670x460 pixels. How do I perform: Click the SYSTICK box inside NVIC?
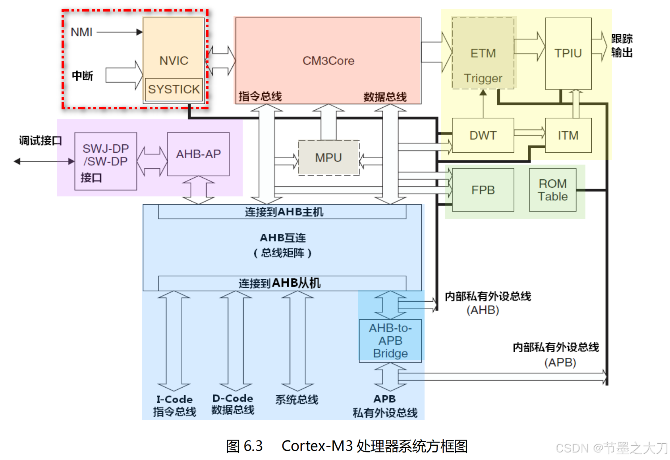click(174, 89)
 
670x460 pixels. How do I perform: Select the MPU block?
click(328, 157)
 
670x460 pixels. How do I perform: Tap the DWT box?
click(483, 135)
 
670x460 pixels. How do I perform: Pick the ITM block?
click(568, 135)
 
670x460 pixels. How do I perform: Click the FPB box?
click(483, 190)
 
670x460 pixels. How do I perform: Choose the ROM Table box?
click(552, 190)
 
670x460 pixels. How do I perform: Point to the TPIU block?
click(568, 53)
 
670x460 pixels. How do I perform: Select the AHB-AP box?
click(198, 154)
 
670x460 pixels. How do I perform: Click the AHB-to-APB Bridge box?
click(390, 340)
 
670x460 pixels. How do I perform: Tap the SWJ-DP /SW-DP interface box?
click(106, 161)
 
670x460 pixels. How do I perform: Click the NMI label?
click(81, 32)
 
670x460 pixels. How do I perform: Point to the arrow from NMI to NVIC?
click(119, 32)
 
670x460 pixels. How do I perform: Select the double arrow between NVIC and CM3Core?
click(220, 61)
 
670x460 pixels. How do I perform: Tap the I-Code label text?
click(174, 399)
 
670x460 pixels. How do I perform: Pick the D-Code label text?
click(233, 398)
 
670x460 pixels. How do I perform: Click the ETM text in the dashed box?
click(483, 53)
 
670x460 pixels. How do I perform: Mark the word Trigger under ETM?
click(483, 78)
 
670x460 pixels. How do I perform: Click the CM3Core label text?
click(328, 61)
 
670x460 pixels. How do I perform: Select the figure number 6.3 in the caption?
click(253, 446)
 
